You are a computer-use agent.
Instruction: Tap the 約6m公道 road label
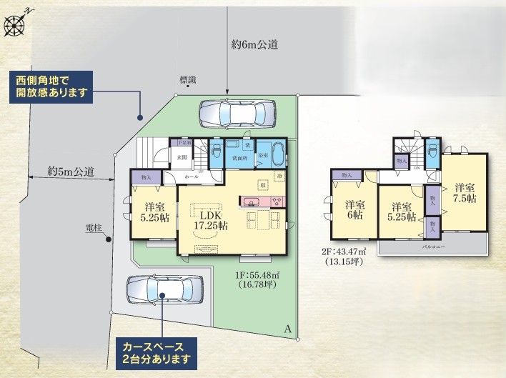pyautogui.click(x=254, y=44)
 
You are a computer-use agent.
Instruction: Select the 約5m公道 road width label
pyautogui.click(x=71, y=171)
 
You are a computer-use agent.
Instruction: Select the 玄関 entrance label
pyautogui.click(x=182, y=157)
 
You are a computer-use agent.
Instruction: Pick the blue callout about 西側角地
pyautogui.click(x=51, y=87)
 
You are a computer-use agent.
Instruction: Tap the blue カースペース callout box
pyautogui.click(x=154, y=352)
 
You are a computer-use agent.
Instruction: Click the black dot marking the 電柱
pyautogui.click(x=109, y=240)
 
